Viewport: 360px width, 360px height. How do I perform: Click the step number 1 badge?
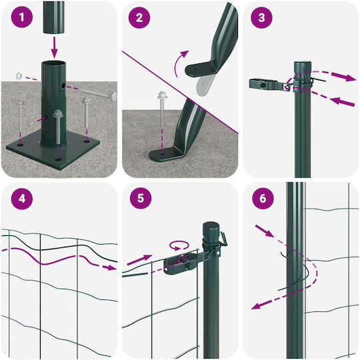[22, 17]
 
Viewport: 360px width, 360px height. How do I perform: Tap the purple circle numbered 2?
[139, 18]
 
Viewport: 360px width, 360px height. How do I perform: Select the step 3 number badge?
[261, 18]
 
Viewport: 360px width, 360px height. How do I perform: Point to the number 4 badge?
[22, 199]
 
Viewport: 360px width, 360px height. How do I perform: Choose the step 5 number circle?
[141, 198]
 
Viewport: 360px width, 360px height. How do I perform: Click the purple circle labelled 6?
[263, 198]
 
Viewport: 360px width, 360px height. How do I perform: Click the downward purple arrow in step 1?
[54, 47]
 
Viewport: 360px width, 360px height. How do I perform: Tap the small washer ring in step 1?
[18, 75]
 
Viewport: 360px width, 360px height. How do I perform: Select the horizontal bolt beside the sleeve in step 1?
[99, 94]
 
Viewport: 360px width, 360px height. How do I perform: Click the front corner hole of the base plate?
[58, 159]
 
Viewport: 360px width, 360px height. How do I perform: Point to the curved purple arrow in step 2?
[179, 63]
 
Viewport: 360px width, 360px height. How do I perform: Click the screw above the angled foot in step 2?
[162, 106]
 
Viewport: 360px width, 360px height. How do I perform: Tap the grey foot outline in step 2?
[205, 85]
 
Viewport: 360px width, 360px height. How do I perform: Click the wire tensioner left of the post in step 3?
[267, 84]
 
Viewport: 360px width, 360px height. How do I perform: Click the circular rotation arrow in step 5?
[179, 245]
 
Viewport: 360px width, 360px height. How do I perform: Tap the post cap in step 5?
[211, 228]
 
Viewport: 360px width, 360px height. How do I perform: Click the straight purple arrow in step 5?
[139, 260]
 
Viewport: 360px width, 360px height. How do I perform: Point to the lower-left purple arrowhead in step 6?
[257, 306]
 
